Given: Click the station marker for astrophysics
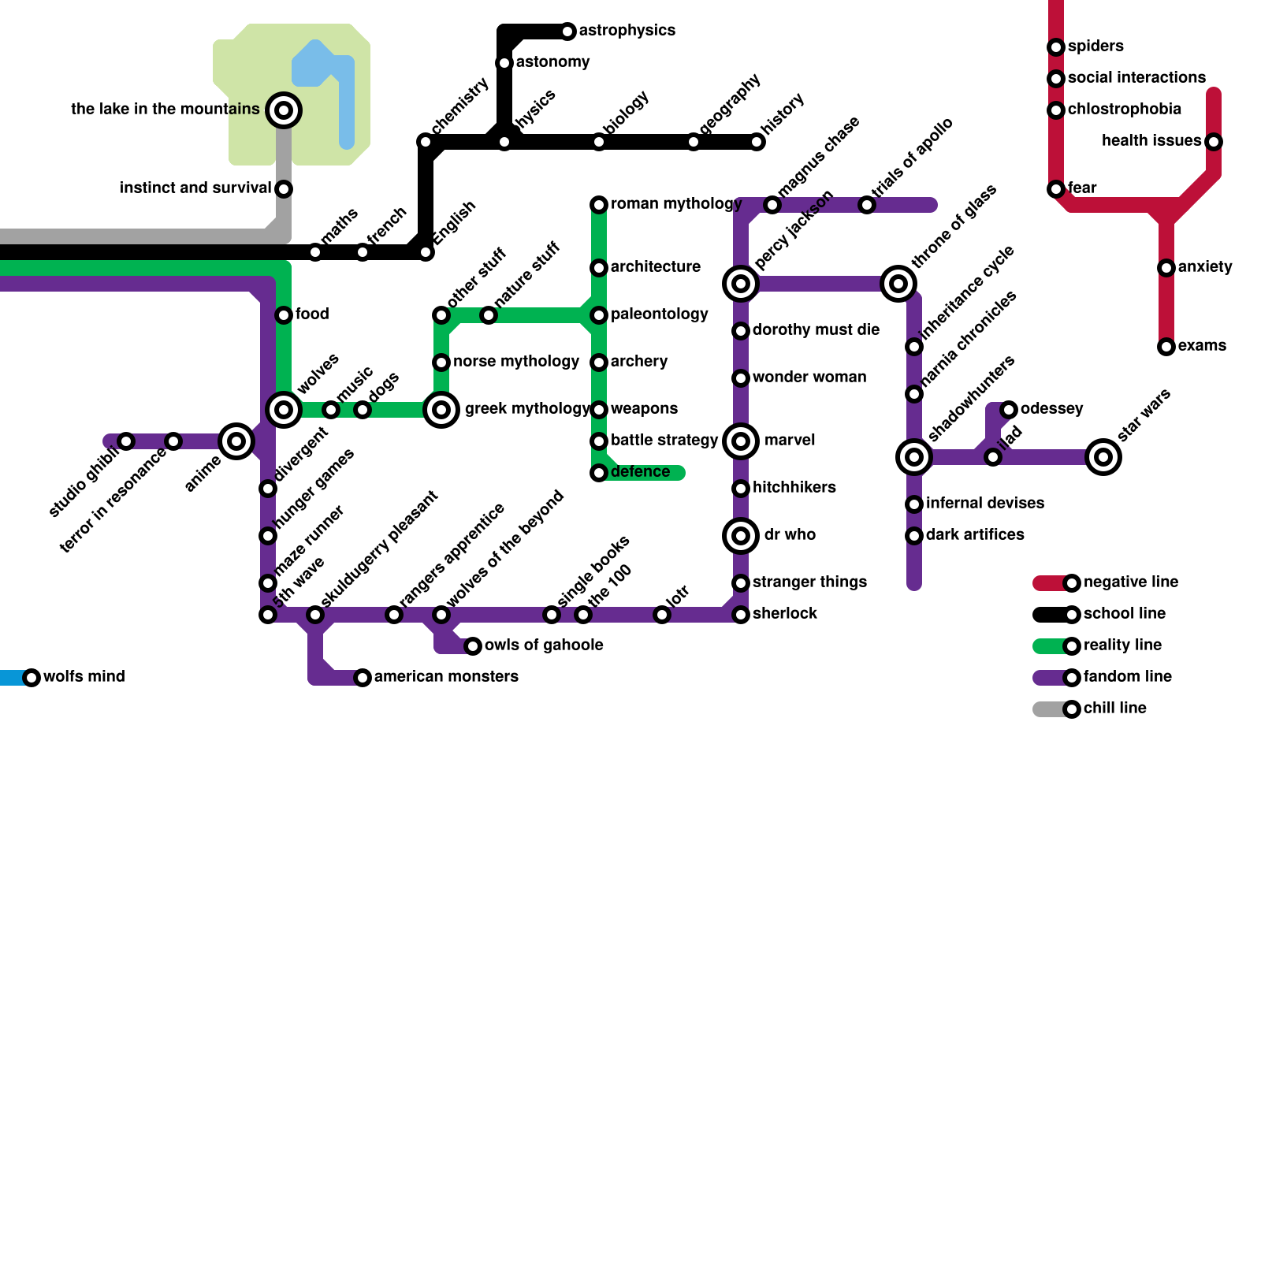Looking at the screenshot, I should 567,32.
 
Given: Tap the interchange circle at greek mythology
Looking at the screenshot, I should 441,410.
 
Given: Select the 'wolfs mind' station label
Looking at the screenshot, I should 84,677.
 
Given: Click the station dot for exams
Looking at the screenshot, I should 1166,347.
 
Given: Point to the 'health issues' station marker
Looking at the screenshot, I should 1214,142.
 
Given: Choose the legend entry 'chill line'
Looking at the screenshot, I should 1114,709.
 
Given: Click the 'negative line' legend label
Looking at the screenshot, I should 1131,582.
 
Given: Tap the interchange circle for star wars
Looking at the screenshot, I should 1103,457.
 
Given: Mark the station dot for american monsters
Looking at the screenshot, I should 363,678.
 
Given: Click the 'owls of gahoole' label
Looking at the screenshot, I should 544,645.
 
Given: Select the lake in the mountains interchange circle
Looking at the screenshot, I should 284,110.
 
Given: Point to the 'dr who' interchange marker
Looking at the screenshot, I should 741,536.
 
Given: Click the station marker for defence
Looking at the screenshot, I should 599,473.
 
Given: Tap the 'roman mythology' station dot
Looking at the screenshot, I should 599,205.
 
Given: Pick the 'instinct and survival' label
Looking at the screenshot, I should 195,188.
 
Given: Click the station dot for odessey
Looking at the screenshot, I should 1009,410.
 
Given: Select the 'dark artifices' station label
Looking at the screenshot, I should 975,535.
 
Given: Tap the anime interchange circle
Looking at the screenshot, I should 236,441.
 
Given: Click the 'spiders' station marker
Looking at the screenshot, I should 1056,47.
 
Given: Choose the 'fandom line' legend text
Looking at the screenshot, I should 1127,677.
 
